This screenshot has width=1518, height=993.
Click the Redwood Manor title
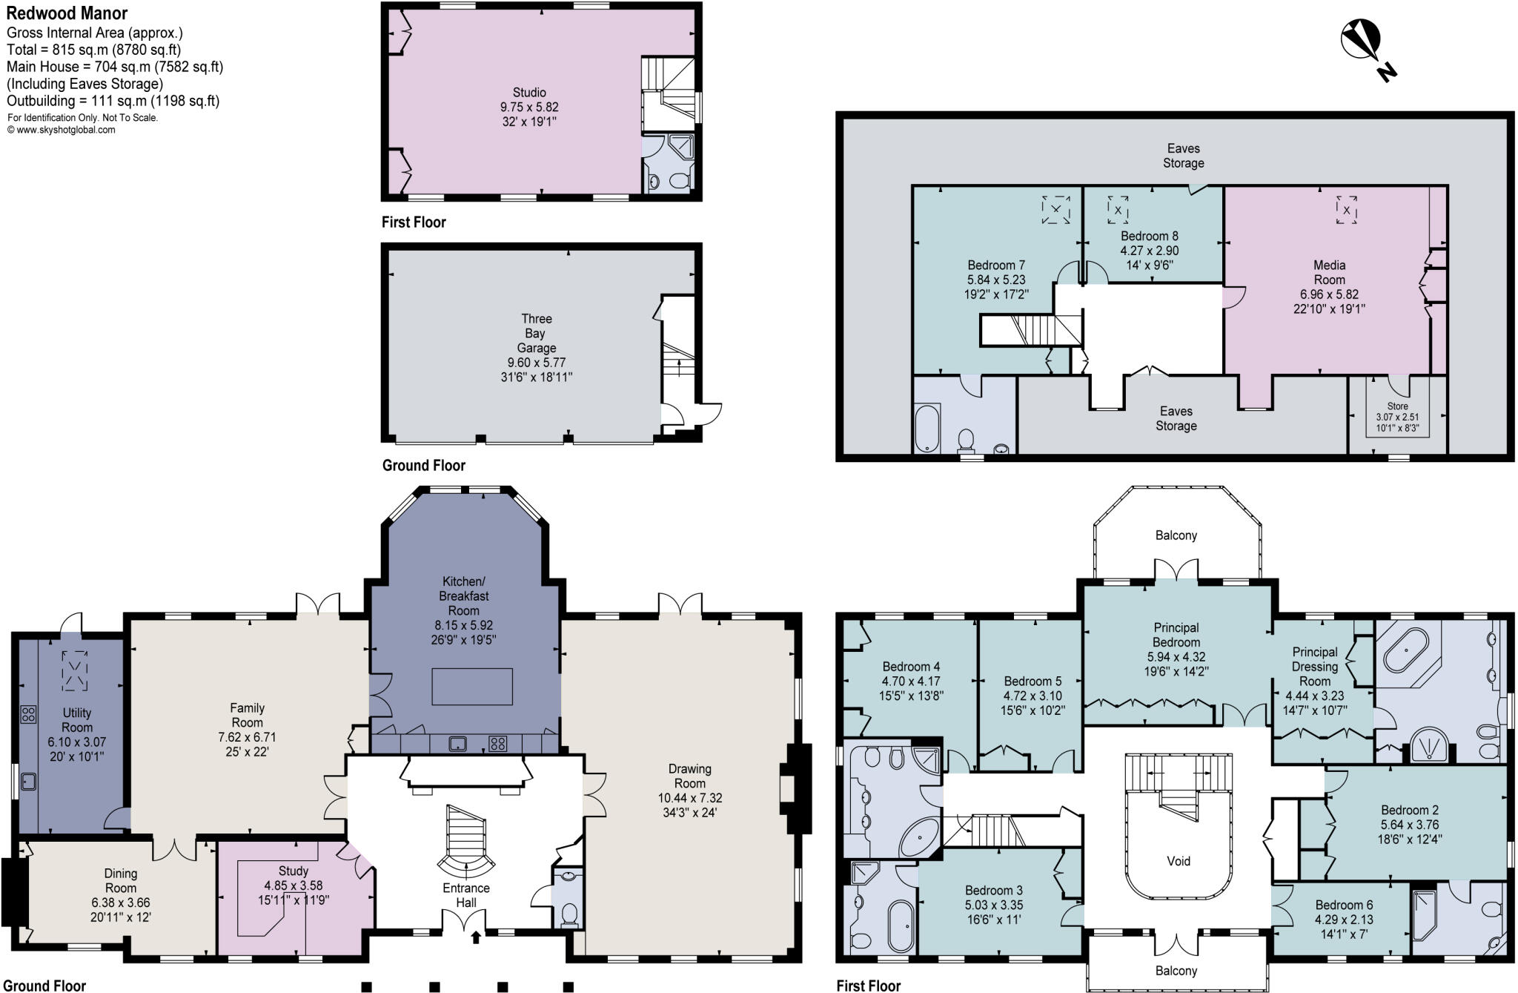(x=67, y=13)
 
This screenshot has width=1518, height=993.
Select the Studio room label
(x=529, y=93)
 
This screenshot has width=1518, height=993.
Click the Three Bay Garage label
(x=536, y=333)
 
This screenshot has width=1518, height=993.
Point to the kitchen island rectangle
(x=472, y=686)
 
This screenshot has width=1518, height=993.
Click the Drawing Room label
(x=689, y=776)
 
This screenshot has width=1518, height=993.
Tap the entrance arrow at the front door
(x=476, y=937)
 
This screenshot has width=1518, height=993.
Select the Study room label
(x=294, y=871)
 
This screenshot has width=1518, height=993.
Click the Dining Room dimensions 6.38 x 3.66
(x=120, y=903)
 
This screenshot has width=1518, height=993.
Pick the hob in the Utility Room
(x=28, y=714)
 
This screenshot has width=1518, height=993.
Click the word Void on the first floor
(x=1179, y=861)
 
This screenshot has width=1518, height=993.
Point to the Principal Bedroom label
(x=1176, y=635)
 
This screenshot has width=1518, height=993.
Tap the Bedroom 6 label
(x=1344, y=905)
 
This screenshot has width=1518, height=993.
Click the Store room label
(x=1397, y=406)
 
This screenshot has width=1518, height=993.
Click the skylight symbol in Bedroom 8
(x=1118, y=209)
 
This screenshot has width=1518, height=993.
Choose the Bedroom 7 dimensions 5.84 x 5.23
(x=996, y=280)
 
